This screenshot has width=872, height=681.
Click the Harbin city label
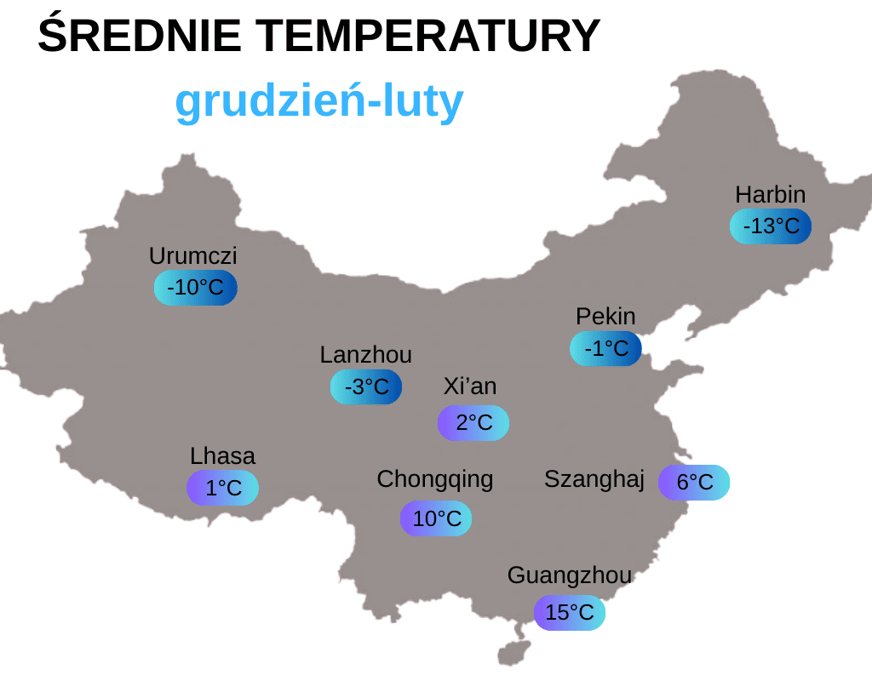pos(770,194)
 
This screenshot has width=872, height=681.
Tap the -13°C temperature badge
pos(771,226)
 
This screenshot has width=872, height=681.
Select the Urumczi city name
pos(193,255)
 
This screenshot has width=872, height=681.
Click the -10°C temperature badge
pos(196,288)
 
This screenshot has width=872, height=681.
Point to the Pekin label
pos(605,317)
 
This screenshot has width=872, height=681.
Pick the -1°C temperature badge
pos(605,348)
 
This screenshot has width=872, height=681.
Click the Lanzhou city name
pos(366,354)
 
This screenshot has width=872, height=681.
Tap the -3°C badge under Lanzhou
pos(366,387)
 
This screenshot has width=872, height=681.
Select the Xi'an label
pos(470,386)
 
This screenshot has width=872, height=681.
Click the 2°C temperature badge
pos(473,423)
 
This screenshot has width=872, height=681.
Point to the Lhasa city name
pos(222,456)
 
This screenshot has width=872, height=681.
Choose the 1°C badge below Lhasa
pos(223,488)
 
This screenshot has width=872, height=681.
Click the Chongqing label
pos(435,479)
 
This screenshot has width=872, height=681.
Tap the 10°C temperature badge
pos(436,518)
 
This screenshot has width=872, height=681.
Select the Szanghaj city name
pos(594,479)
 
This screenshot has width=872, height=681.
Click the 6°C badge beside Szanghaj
pos(694,483)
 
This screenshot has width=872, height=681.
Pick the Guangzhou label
pos(570,575)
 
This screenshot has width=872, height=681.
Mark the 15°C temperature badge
pos(570,613)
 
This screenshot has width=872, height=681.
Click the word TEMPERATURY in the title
pos(428,37)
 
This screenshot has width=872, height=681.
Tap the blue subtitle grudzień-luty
pos(319,102)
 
